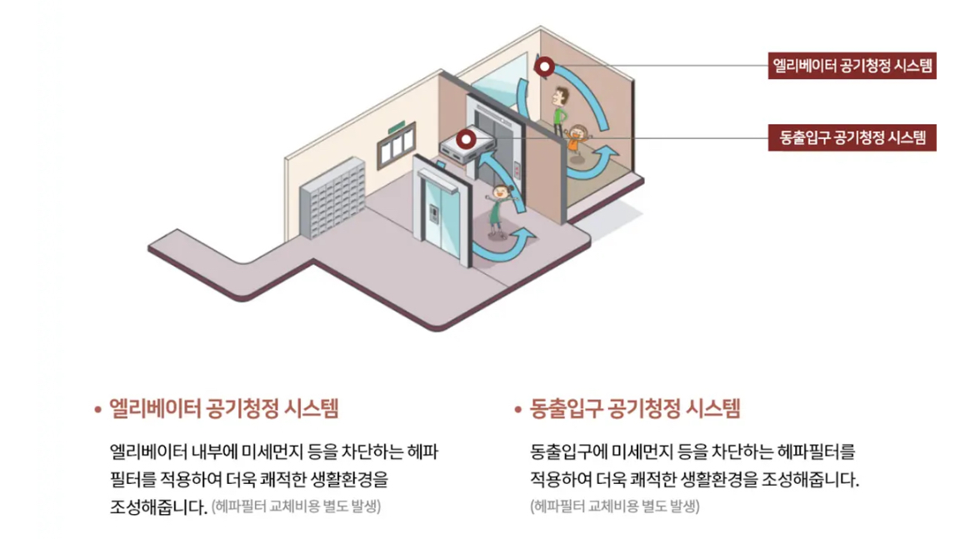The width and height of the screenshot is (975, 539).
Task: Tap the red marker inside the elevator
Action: coord(545,67)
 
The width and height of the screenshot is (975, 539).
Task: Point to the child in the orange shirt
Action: coord(577,137)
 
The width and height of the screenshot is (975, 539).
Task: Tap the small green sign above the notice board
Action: coord(397,127)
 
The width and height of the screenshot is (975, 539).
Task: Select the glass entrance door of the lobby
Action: coord(438,215)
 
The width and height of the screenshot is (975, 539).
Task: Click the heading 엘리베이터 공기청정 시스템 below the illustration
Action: coord(218,409)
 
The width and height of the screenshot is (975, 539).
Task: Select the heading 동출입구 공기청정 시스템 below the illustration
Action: coord(635,409)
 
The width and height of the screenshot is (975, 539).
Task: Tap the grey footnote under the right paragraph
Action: coord(614,506)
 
